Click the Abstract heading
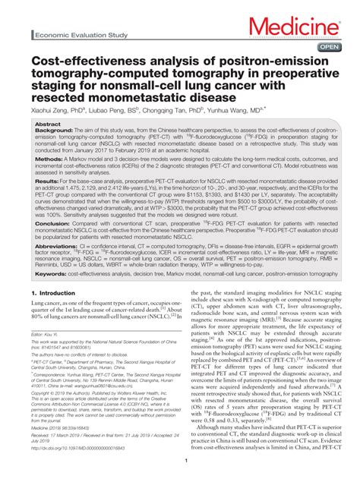[x=48, y=124]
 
